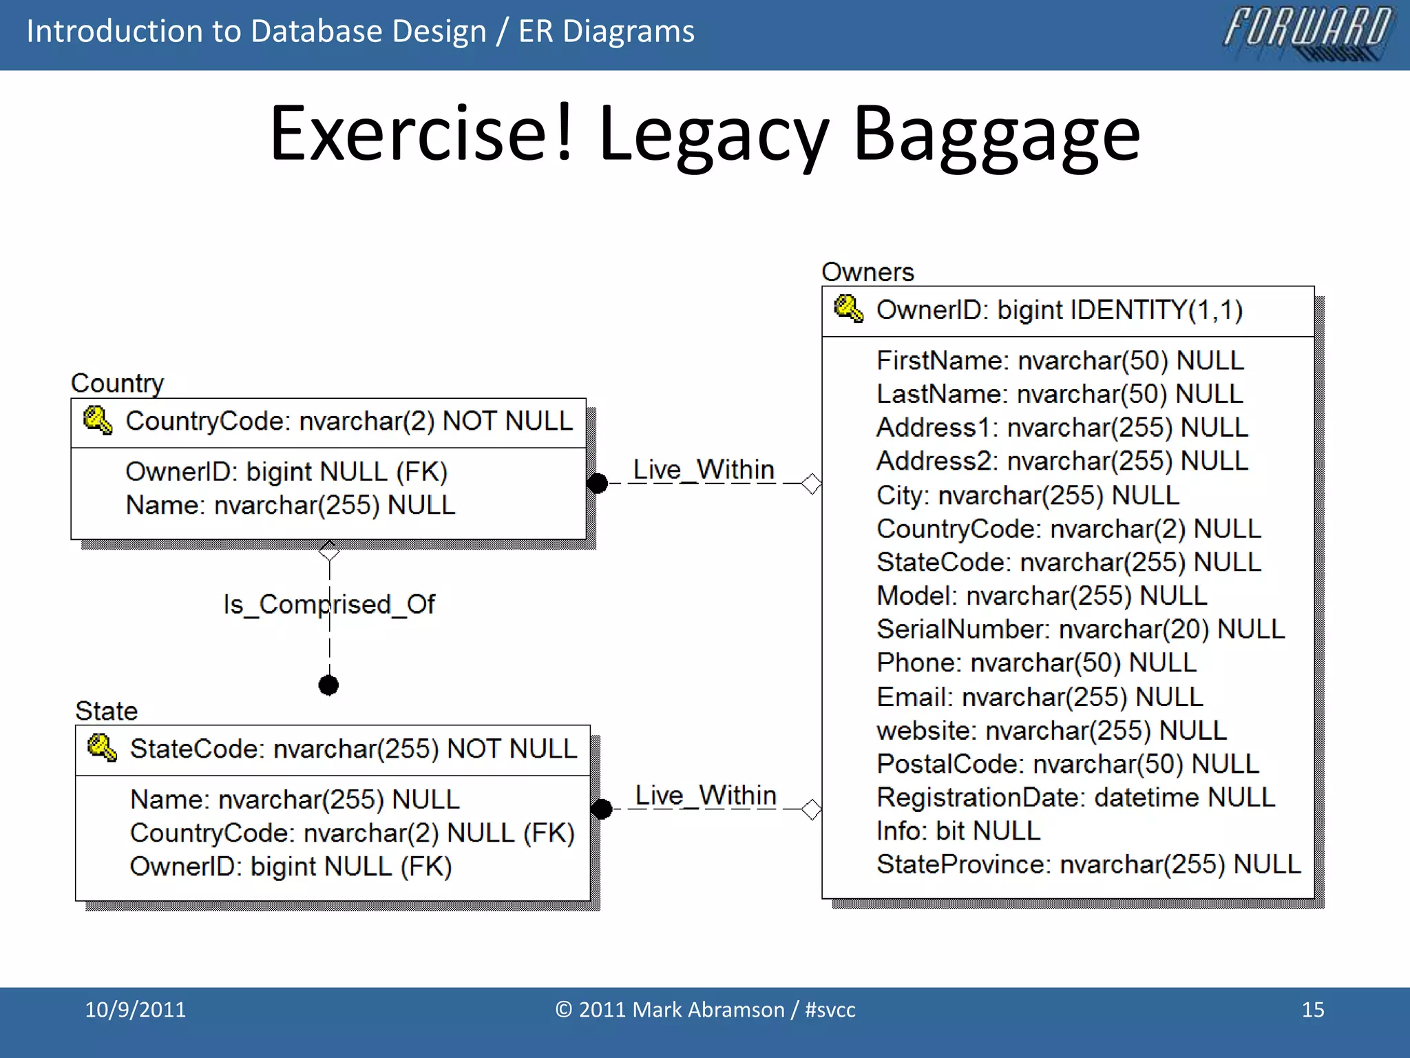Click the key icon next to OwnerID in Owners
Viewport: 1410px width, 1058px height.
click(848, 309)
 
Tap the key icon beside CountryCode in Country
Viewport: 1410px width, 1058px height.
click(97, 420)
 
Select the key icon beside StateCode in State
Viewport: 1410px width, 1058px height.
click(102, 747)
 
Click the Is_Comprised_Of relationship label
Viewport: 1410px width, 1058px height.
click(328, 604)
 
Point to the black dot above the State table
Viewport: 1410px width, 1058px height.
click(328, 685)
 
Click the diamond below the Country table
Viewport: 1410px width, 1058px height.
click(329, 550)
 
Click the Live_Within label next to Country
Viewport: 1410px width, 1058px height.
click(703, 470)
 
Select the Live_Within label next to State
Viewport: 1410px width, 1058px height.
click(705, 796)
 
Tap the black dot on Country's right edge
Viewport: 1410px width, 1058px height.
click(598, 484)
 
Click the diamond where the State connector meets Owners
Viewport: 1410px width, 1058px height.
click(812, 809)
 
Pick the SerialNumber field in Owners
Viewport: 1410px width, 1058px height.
click(1080, 629)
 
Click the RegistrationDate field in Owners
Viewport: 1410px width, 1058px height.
click(1075, 797)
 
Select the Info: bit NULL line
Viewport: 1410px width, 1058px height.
click(958, 831)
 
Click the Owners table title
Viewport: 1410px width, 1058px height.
click(867, 272)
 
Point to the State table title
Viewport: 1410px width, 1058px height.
click(107, 711)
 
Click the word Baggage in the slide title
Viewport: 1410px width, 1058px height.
click(996, 134)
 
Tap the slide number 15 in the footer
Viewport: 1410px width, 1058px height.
click(1312, 1010)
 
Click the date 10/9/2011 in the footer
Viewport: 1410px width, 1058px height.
click(135, 1010)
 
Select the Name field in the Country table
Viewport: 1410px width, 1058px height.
click(290, 506)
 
